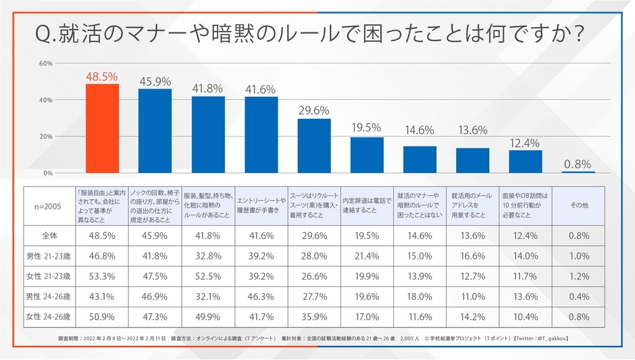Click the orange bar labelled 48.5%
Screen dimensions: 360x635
(x=102, y=128)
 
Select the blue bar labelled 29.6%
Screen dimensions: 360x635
(x=314, y=145)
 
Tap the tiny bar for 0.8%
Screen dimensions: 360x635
(x=578, y=172)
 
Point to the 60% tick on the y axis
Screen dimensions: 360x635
(x=46, y=63)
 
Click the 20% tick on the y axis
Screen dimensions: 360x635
(x=46, y=136)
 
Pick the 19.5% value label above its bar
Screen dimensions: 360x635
(x=367, y=127)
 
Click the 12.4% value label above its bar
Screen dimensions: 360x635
(x=525, y=143)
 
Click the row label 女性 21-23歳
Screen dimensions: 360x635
(x=49, y=276)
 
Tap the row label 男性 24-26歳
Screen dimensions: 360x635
(x=49, y=296)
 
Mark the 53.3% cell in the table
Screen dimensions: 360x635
(x=102, y=276)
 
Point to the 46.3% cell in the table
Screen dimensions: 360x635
(x=261, y=296)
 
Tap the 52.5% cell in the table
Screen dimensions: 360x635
(x=208, y=276)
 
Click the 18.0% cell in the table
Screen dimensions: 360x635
(x=420, y=296)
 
